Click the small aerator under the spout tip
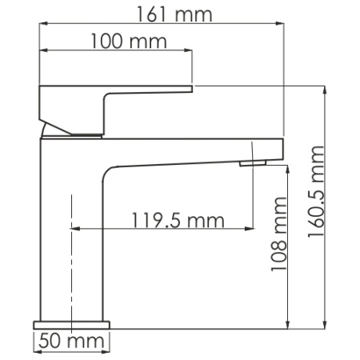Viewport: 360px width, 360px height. pos(254,163)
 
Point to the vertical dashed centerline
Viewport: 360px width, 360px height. pos(73,264)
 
